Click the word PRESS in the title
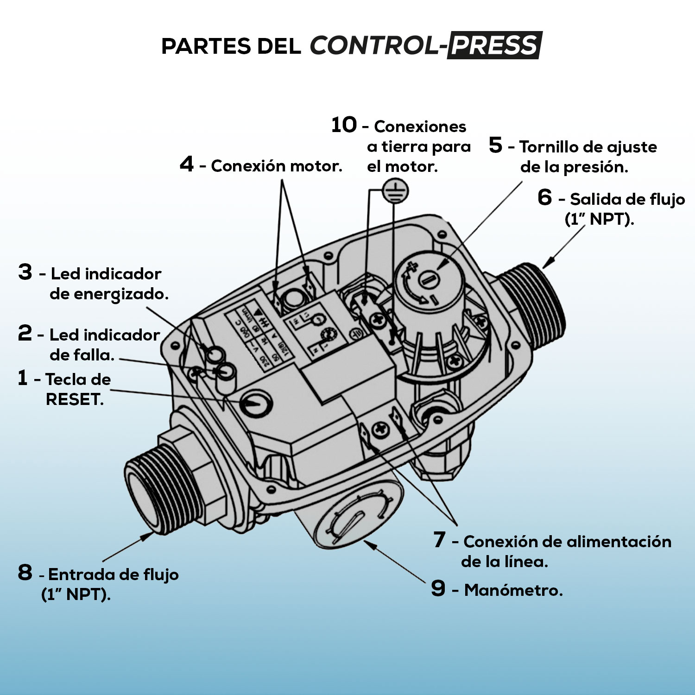pos(494,45)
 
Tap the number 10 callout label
pos(344,125)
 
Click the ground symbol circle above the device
pos(394,191)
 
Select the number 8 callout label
pos(25,573)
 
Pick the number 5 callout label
pos(495,145)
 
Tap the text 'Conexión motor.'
pos(277,166)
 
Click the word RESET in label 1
pos(74,399)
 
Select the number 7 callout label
pos(439,540)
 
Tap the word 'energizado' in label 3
pos(108,294)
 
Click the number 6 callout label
pos(545,197)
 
